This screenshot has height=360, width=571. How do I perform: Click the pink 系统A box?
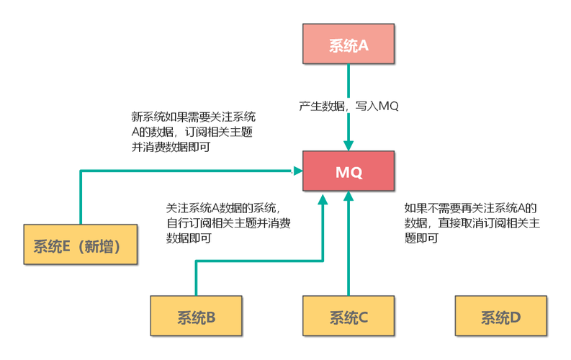click(x=349, y=45)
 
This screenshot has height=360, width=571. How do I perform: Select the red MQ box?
click(x=349, y=172)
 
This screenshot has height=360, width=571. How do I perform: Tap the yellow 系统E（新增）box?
click(x=80, y=246)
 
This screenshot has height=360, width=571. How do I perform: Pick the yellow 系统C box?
click(x=349, y=315)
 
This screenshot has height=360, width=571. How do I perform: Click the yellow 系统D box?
click(x=500, y=315)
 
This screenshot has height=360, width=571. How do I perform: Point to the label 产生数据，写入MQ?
click(x=349, y=106)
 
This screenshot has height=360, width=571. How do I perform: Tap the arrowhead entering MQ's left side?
click(x=295, y=171)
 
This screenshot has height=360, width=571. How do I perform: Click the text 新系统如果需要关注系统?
click(x=193, y=116)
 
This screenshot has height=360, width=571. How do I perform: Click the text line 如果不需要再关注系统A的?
click(x=471, y=207)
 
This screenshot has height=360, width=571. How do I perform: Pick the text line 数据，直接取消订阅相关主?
click(x=472, y=222)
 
